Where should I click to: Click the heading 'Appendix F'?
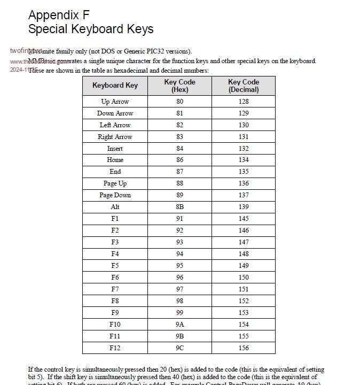click(59, 15)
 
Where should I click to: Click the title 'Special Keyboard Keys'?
click(91, 29)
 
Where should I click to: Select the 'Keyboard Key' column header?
click(115, 86)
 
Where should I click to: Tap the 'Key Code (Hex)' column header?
click(179, 86)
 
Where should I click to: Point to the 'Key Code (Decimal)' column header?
click(244, 86)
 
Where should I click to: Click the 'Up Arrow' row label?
click(115, 102)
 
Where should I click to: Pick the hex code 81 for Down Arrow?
click(179, 113)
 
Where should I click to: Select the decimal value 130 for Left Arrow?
click(244, 125)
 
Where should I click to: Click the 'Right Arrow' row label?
click(115, 137)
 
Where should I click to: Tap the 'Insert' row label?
click(115, 149)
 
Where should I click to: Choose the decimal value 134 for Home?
click(244, 160)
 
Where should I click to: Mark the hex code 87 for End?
click(179, 172)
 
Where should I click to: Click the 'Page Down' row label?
click(115, 195)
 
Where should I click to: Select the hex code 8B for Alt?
click(179, 207)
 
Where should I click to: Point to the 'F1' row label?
click(115, 219)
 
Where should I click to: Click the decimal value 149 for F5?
click(244, 266)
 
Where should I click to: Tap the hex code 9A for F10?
click(179, 325)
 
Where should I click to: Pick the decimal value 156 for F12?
click(244, 348)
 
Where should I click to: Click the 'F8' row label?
click(115, 301)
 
